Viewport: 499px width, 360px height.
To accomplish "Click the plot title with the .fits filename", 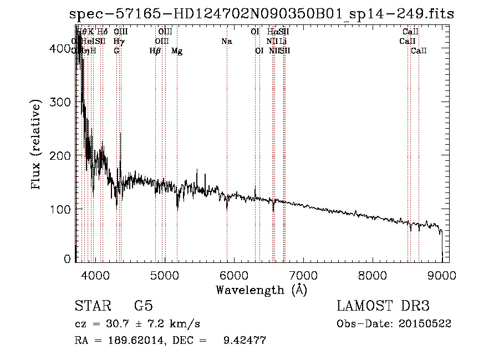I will pyautogui.click(x=259, y=14).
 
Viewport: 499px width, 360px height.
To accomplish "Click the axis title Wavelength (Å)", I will pyautogui.click(x=261, y=290).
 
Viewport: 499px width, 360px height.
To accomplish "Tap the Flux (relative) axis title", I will pyautogui.click(x=37, y=146).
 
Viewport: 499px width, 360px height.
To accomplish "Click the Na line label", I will pyautogui.click(x=226, y=42).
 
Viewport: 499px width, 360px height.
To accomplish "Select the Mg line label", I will pyautogui.click(x=177, y=51).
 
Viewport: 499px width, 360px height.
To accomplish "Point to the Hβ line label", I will pyautogui.click(x=155, y=51).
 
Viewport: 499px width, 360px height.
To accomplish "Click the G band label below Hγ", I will pyautogui.click(x=116, y=51).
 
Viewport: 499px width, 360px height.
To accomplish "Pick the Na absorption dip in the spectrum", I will pyautogui.click(x=227, y=207).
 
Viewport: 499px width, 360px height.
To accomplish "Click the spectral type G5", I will pyautogui.click(x=143, y=306).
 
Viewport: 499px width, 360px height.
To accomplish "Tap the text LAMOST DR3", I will pyautogui.click(x=383, y=306).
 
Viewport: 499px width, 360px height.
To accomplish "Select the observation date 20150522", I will pyautogui.click(x=428, y=323).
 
